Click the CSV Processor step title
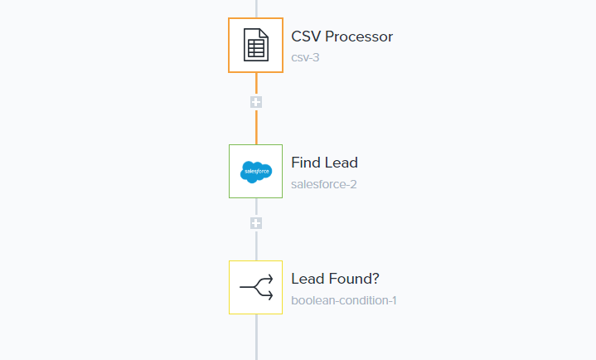[342, 36]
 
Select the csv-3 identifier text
[305, 57]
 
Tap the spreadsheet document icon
[256, 45]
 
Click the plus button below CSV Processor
[256, 102]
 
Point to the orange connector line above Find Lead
[256, 127]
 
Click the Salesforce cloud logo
[256, 172]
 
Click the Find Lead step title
[324, 163]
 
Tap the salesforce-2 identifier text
[324, 184]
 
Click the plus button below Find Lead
[256, 223]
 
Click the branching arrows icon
[256, 287]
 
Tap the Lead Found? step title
[335, 279]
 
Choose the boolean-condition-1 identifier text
[344, 300]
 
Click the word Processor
[359, 36]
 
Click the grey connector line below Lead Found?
[256, 337]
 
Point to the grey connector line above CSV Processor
[256, 9]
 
